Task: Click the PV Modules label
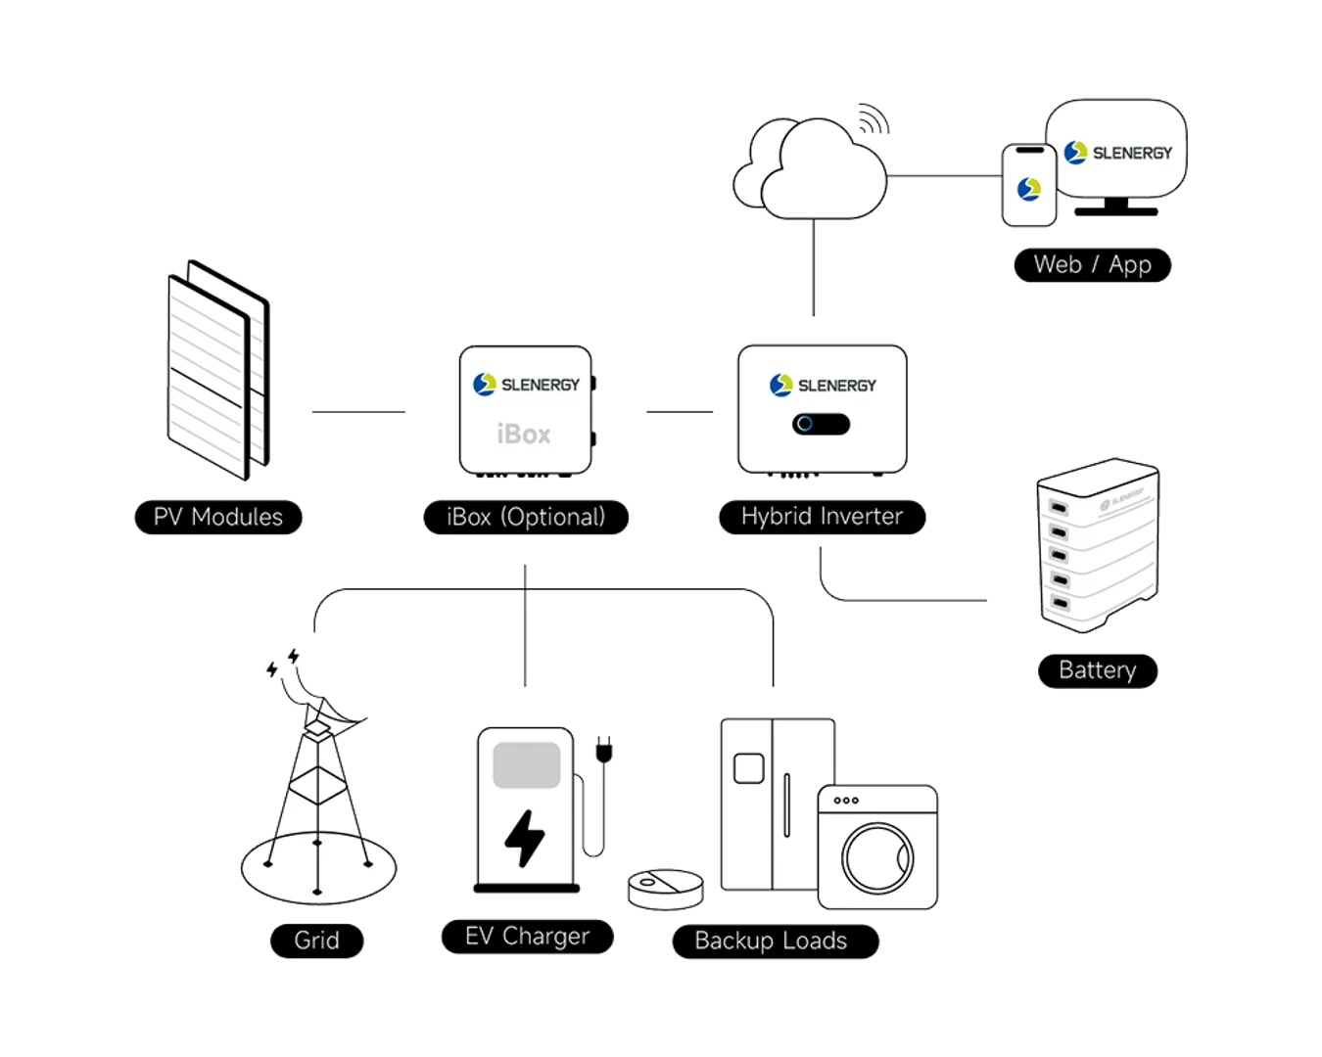(218, 517)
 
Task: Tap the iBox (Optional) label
(526, 517)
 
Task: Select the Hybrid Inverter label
(822, 517)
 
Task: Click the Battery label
(1097, 670)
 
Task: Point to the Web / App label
(1092, 264)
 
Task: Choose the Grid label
(316, 941)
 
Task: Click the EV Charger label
(527, 937)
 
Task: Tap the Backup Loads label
(771, 941)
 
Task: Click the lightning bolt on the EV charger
(525, 838)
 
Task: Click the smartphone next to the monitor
(1029, 185)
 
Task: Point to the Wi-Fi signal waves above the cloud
(872, 119)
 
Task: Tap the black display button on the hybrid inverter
(821, 424)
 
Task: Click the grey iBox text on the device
(524, 434)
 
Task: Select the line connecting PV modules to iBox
(356, 411)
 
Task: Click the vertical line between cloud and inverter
(812, 269)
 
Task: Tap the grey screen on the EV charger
(526, 764)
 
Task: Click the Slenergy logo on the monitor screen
(1116, 153)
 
